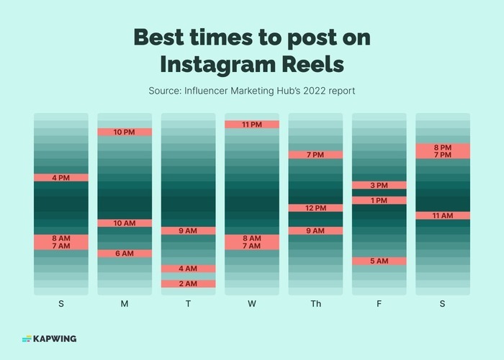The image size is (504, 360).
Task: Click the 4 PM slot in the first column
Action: [x=61, y=177]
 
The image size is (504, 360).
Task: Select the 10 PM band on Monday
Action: [x=125, y=132]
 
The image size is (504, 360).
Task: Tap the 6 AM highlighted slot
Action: [x=125, y=253]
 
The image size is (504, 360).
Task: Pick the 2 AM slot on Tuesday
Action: [x=188, y=284]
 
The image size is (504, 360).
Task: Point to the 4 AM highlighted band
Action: [x=188, y=269]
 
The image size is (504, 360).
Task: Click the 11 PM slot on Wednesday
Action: [x=251, y=125]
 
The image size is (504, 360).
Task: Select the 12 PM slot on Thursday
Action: [x=315, y=208]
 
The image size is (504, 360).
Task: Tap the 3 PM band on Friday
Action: [x=379, y=185]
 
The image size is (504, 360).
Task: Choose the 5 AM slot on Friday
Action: [x=379, y=261]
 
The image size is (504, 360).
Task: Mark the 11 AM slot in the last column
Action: [x=442, y=215]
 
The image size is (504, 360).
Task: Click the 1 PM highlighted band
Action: [x=379, y=200]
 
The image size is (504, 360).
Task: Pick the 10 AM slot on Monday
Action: [x=125, y=223]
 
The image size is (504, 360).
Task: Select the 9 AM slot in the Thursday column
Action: [x=315, y=230]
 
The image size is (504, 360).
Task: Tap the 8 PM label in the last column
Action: [x=442, y=147]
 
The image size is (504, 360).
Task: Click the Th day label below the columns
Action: [x=315, y=304]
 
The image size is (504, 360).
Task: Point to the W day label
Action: [x=251, y=304]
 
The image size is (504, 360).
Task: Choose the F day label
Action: [x=379, y=304]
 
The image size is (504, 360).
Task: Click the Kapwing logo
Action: [x=49, y=338]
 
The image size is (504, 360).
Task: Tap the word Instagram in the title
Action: [x=215, y=63]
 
